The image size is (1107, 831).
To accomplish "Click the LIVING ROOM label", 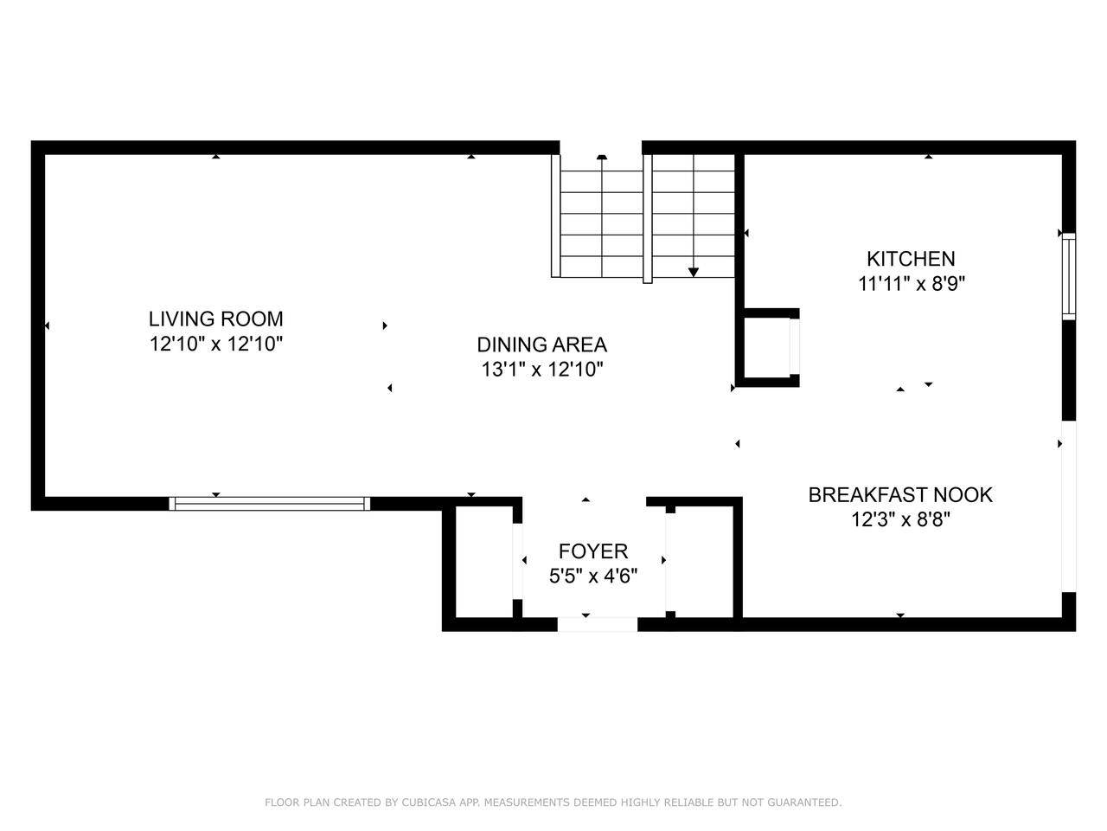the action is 216,319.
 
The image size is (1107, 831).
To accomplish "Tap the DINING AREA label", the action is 541,345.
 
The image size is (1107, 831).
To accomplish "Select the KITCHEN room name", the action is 911,259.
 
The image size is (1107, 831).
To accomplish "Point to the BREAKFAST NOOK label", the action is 900,495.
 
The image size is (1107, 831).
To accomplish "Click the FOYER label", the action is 593,551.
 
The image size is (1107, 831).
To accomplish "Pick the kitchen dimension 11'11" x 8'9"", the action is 912,284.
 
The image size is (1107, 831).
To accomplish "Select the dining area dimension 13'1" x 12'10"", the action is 542,370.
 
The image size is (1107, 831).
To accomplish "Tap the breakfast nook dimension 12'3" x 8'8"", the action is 900,519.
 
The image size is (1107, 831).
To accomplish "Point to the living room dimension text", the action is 216,345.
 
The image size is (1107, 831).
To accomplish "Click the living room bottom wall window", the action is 269,504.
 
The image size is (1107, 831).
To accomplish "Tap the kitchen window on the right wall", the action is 1069,276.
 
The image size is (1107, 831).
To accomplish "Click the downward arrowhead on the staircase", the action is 694,273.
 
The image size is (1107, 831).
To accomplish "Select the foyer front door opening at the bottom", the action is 597,624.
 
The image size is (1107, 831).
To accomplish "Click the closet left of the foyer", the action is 484,562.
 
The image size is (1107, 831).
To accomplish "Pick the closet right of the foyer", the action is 703,562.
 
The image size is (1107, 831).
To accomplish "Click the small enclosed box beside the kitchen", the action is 767,348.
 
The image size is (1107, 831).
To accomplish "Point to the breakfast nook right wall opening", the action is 1069,506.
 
